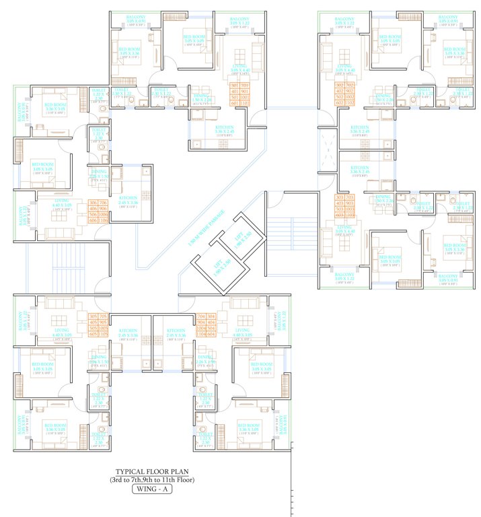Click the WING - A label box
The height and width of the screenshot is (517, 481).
(x=152, y=490)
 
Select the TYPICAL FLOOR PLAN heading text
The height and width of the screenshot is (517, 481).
(x=152, y=471)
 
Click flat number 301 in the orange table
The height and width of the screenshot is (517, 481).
(x=234, y=86)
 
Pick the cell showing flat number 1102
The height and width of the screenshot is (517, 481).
(x=350, y=104)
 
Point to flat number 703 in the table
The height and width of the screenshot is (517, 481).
(x=350, y=197)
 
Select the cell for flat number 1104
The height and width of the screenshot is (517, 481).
(x=200, y=333)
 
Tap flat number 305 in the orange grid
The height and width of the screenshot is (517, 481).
(x=93, y=316)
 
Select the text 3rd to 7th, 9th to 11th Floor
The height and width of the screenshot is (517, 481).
(x=152, y=480)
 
